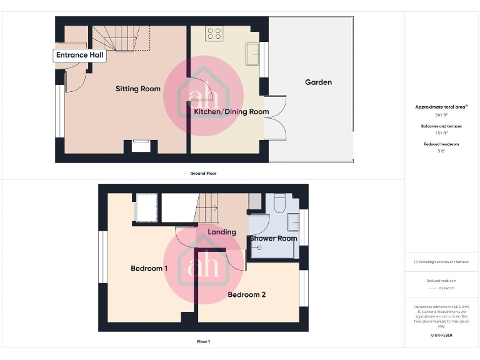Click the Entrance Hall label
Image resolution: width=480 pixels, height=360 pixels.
80,55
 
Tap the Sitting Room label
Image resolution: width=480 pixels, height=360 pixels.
138,89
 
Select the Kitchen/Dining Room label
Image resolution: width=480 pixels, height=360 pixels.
231,112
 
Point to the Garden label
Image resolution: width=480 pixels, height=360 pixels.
318,82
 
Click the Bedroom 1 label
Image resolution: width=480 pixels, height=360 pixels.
149,268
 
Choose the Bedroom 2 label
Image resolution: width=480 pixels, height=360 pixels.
247,294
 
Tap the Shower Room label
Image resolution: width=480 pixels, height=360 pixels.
274,238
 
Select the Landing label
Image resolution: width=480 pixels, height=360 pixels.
222,232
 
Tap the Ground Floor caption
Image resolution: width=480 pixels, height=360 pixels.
203,173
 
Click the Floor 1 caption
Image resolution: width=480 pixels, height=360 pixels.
203,342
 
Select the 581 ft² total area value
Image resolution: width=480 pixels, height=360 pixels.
441,116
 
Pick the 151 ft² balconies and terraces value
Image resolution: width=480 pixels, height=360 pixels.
441,133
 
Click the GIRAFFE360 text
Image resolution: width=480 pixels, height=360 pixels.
441,336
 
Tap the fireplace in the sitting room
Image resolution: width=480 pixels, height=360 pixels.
141,146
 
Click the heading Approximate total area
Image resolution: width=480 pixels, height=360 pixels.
441,107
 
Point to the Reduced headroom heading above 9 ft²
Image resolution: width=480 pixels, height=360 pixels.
441,144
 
